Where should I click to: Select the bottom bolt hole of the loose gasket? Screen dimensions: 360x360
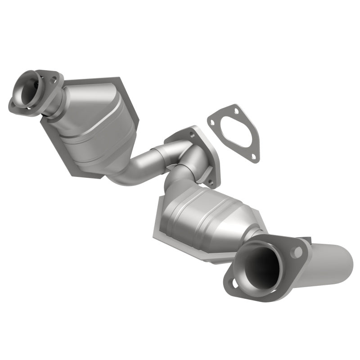pos(254,157)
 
